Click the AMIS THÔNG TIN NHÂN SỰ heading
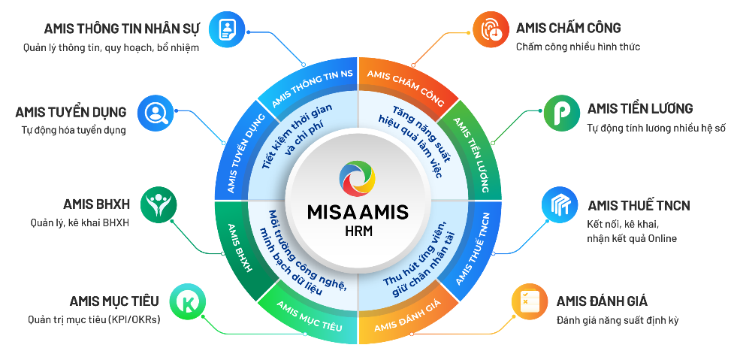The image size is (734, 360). pyautogui.click(x=122, y=29)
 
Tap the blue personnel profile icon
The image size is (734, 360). pyautogui.click(x=227, y=29)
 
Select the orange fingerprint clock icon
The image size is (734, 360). pyautogui.click(x=490, y=29)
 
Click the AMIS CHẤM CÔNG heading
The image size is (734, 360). pyautogui.click(x=568, y=28)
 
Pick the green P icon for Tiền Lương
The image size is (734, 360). pyautogui.click(x=562, y=113)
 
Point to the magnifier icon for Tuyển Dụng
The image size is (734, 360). pyautogui.click(x=156, y=112)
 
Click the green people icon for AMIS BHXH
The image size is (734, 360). pyautogui.click(x=159, y=204)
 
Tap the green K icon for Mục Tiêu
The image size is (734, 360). pyautogui.click(x=188, y=301)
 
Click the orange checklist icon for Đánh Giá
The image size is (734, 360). pyautogui.click(x=530, y=301)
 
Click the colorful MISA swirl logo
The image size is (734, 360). pyautogui.click(x=358, y=178)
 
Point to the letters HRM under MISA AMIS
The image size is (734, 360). pyautogui.click(x=358, y=231)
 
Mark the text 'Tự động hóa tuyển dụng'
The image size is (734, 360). pyautogui.click(x=74, y=131)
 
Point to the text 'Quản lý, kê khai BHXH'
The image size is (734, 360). pyautogui.click(x=79, y=222)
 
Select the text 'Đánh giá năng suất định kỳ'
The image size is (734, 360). pyautogui.click(x=618, y=321)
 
